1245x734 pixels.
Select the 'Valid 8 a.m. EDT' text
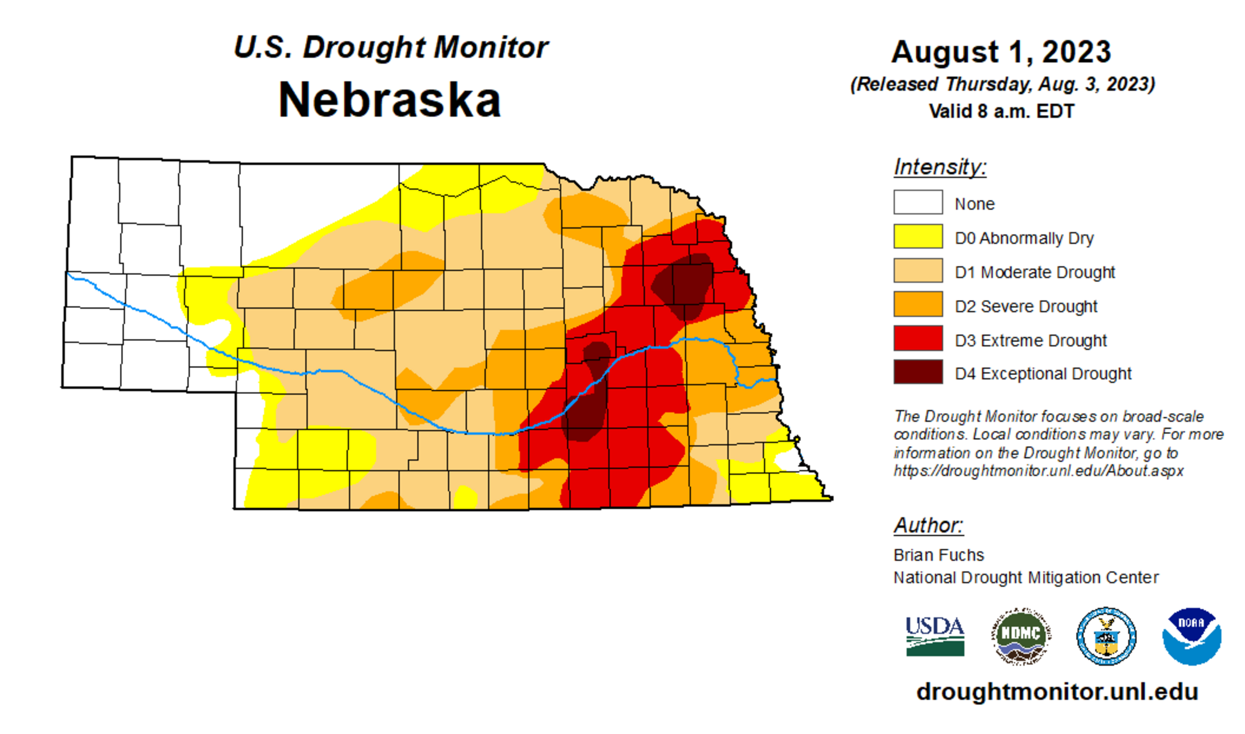[1001, 111]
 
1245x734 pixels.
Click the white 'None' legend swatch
[918, 202]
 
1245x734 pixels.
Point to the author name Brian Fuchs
[938, 555]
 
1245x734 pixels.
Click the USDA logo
[935, 636]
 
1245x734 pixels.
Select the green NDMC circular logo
[1021, 636]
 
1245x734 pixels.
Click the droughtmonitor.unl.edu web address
[1057, 692]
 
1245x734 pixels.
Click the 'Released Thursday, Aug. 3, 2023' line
[1002, 84]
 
